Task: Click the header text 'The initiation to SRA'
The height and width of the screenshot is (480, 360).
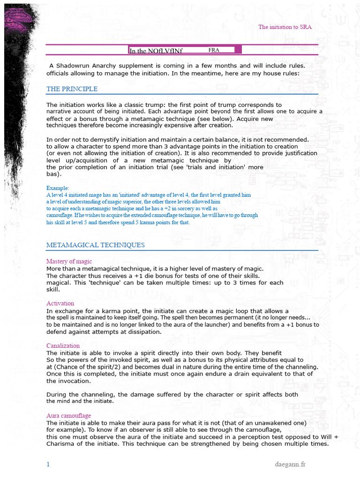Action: click(285, 27)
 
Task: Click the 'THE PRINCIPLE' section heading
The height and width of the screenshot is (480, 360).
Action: click(72, 89)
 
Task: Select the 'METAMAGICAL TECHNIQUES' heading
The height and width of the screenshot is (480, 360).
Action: click(95, 245)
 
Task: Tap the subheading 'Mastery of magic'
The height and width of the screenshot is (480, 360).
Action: click(69, 261)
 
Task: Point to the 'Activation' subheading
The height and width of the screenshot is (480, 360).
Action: click(60, 303)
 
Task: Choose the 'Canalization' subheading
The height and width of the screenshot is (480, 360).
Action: click(63, 345)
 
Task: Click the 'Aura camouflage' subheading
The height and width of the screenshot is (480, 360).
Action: click(68, 416)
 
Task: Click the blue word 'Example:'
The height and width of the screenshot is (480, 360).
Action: click(58, 188)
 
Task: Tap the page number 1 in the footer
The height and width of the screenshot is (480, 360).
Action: click(48, 465)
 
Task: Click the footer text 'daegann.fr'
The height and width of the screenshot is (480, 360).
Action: click(290, 465)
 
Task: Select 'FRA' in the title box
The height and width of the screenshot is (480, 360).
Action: click(214, 49)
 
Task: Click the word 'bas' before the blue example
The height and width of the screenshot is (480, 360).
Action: click(52, 174)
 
